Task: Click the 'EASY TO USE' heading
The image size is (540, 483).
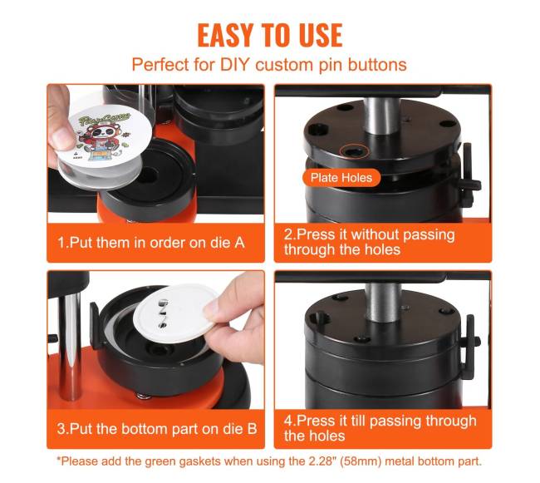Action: (x=270, y=35)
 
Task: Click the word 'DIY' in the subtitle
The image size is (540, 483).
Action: (x=233, y=64)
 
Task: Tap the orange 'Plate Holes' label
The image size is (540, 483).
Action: (x=341, y=178)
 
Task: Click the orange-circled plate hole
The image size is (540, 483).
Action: (x=354, y=150)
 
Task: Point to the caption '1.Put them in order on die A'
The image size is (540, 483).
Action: (x=151, y=243)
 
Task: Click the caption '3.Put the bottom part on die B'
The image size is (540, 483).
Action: (x=157, y=429)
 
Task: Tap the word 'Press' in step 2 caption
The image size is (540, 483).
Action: (x=317, y=234)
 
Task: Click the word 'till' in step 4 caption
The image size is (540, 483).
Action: (x=357, y=421)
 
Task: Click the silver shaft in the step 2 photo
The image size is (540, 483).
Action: (x=380, y=116)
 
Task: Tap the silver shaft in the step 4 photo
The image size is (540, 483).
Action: (x=381, y=302)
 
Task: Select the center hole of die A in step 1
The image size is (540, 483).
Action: (x=147, y=175)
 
